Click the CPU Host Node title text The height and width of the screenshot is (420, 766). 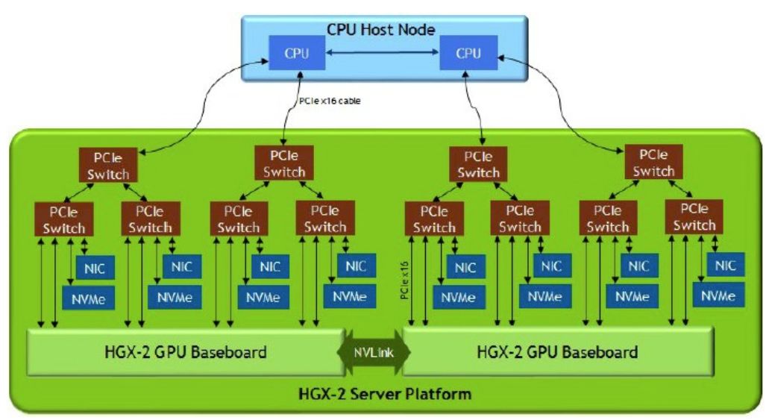tap(381, 30)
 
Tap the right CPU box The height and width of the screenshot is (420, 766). tap(468, 54)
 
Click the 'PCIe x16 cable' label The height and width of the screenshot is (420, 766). tap(329, 101)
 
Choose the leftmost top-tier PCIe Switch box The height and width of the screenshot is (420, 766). tap(105, 165)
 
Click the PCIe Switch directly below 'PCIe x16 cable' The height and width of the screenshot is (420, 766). tap(283, 163)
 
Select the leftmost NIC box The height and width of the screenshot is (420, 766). tap(94, 267)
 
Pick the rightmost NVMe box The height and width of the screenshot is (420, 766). tap(718, 295)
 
